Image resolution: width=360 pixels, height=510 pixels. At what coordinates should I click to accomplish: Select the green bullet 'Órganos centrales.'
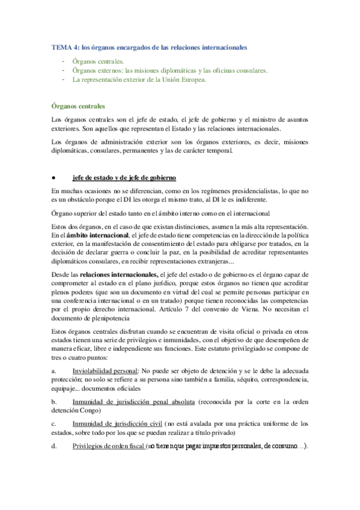coord(99,61)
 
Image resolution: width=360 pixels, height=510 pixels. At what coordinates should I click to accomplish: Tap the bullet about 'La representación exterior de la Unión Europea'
coord(139,79)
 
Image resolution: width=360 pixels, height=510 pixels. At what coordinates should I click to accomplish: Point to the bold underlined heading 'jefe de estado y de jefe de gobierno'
coord(124,178)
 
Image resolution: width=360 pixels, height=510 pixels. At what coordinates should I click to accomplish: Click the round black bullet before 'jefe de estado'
coord(55,178)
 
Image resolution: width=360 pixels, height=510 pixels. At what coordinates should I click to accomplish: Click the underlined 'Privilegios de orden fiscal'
coord(109,446)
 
